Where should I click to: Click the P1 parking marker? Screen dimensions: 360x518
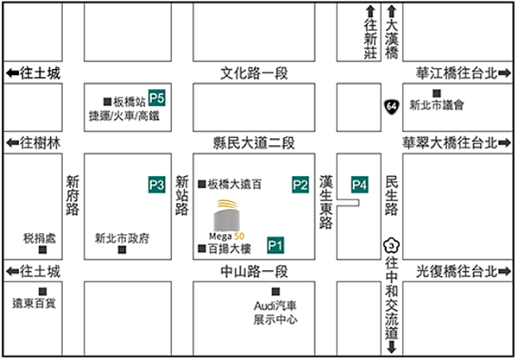click(x=276, y=245)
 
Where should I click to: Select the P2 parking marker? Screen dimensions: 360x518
click(x=300, y=184)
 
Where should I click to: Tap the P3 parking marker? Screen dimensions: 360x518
click(x=156, y=184)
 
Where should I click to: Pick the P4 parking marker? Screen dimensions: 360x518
click(x=359, y=184)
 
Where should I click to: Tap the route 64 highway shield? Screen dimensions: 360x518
click(x=392, y=105)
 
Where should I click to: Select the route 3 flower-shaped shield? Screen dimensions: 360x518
click(x=392, y=245)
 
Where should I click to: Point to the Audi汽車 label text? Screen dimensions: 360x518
click(x=275, y=306)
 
